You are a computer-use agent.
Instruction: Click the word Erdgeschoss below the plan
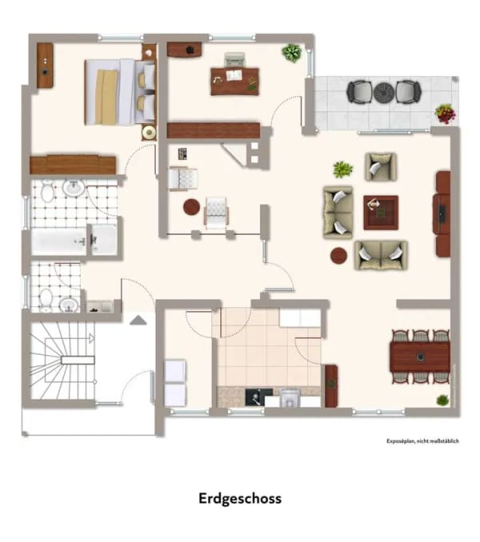240,499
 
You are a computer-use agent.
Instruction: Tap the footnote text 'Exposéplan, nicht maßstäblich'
422,441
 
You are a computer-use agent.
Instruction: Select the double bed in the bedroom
120,92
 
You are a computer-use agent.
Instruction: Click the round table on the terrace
384,92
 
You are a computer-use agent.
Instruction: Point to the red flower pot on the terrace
446,114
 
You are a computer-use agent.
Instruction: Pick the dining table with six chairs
420,357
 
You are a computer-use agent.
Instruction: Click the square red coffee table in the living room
381,213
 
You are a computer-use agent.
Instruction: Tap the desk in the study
235,82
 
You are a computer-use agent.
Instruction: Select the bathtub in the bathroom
58,241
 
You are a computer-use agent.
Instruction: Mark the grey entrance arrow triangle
138,320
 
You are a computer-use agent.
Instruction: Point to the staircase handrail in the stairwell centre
78,361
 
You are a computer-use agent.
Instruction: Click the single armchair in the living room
381,167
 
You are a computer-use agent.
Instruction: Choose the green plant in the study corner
292,53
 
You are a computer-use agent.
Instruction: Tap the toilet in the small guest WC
46,298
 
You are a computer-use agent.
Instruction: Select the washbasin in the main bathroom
74,187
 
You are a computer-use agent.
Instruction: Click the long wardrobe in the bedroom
73,165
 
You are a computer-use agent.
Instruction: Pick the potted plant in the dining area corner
442,401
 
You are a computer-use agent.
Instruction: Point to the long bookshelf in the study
214,130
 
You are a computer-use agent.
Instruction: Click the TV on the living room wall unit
442,214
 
